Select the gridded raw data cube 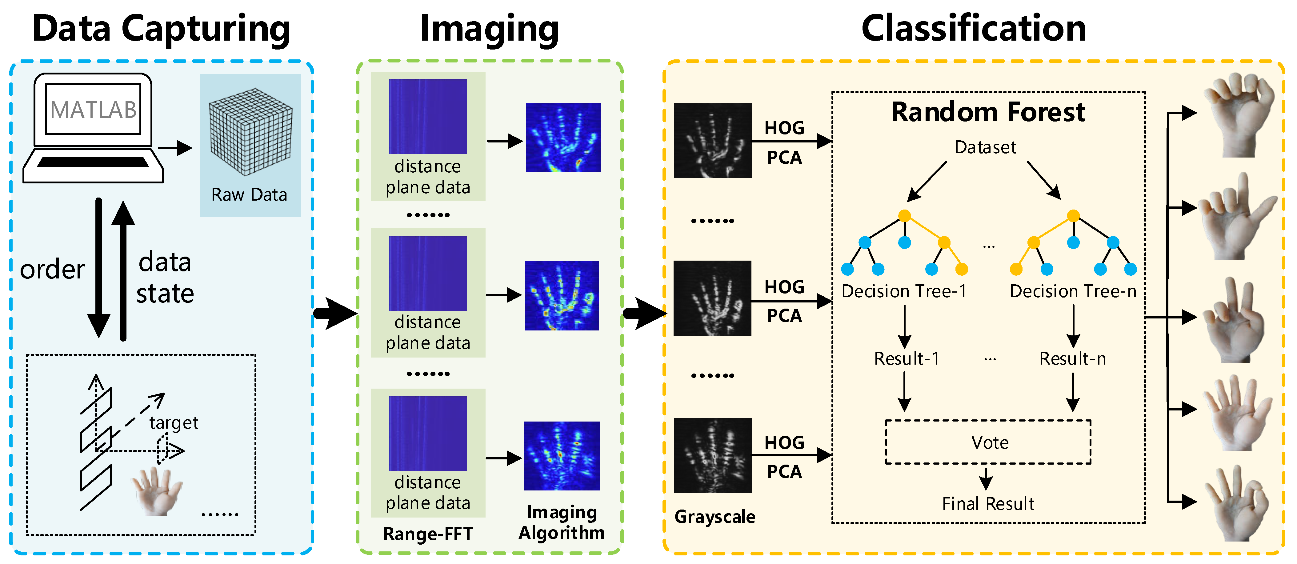[250, 132]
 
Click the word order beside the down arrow [52, 270]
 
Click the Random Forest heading [987, 112]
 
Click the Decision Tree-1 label [904, 291]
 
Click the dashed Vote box [988, 442]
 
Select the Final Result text [988, 504]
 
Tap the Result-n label [1072, 358]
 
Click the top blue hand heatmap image [563, 138]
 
